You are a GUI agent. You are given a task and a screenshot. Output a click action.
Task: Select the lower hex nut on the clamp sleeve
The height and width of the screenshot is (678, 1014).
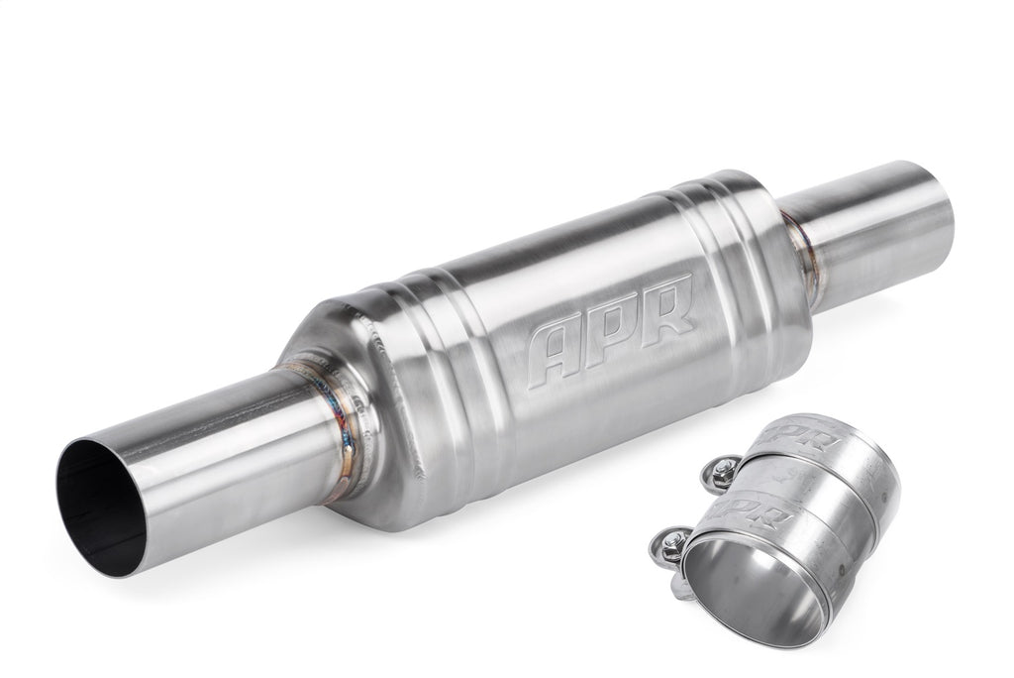click(x=675, y=541)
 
